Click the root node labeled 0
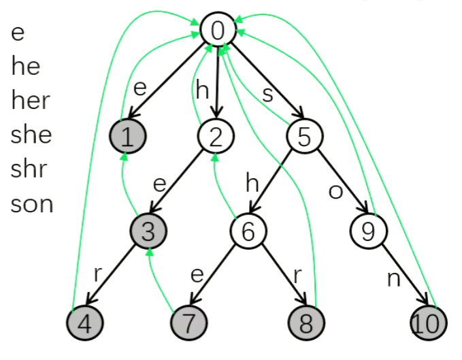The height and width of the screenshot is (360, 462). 218,30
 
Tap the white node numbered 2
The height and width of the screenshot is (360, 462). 216,137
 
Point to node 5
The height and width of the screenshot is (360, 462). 304,137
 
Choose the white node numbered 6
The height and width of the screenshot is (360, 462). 248,231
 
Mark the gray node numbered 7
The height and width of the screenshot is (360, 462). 188,323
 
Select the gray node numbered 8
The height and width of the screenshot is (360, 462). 306,323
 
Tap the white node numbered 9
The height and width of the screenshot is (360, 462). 368,231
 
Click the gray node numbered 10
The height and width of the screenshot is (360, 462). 429,323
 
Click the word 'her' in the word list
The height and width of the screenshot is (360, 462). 31,101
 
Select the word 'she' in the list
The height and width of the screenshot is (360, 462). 31,135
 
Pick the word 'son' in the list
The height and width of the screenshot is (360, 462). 32,203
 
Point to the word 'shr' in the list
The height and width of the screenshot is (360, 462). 30,169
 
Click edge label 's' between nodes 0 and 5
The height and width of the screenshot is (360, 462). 267,94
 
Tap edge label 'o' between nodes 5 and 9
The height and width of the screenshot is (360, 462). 335,191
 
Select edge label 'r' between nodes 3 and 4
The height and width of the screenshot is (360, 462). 99,275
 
